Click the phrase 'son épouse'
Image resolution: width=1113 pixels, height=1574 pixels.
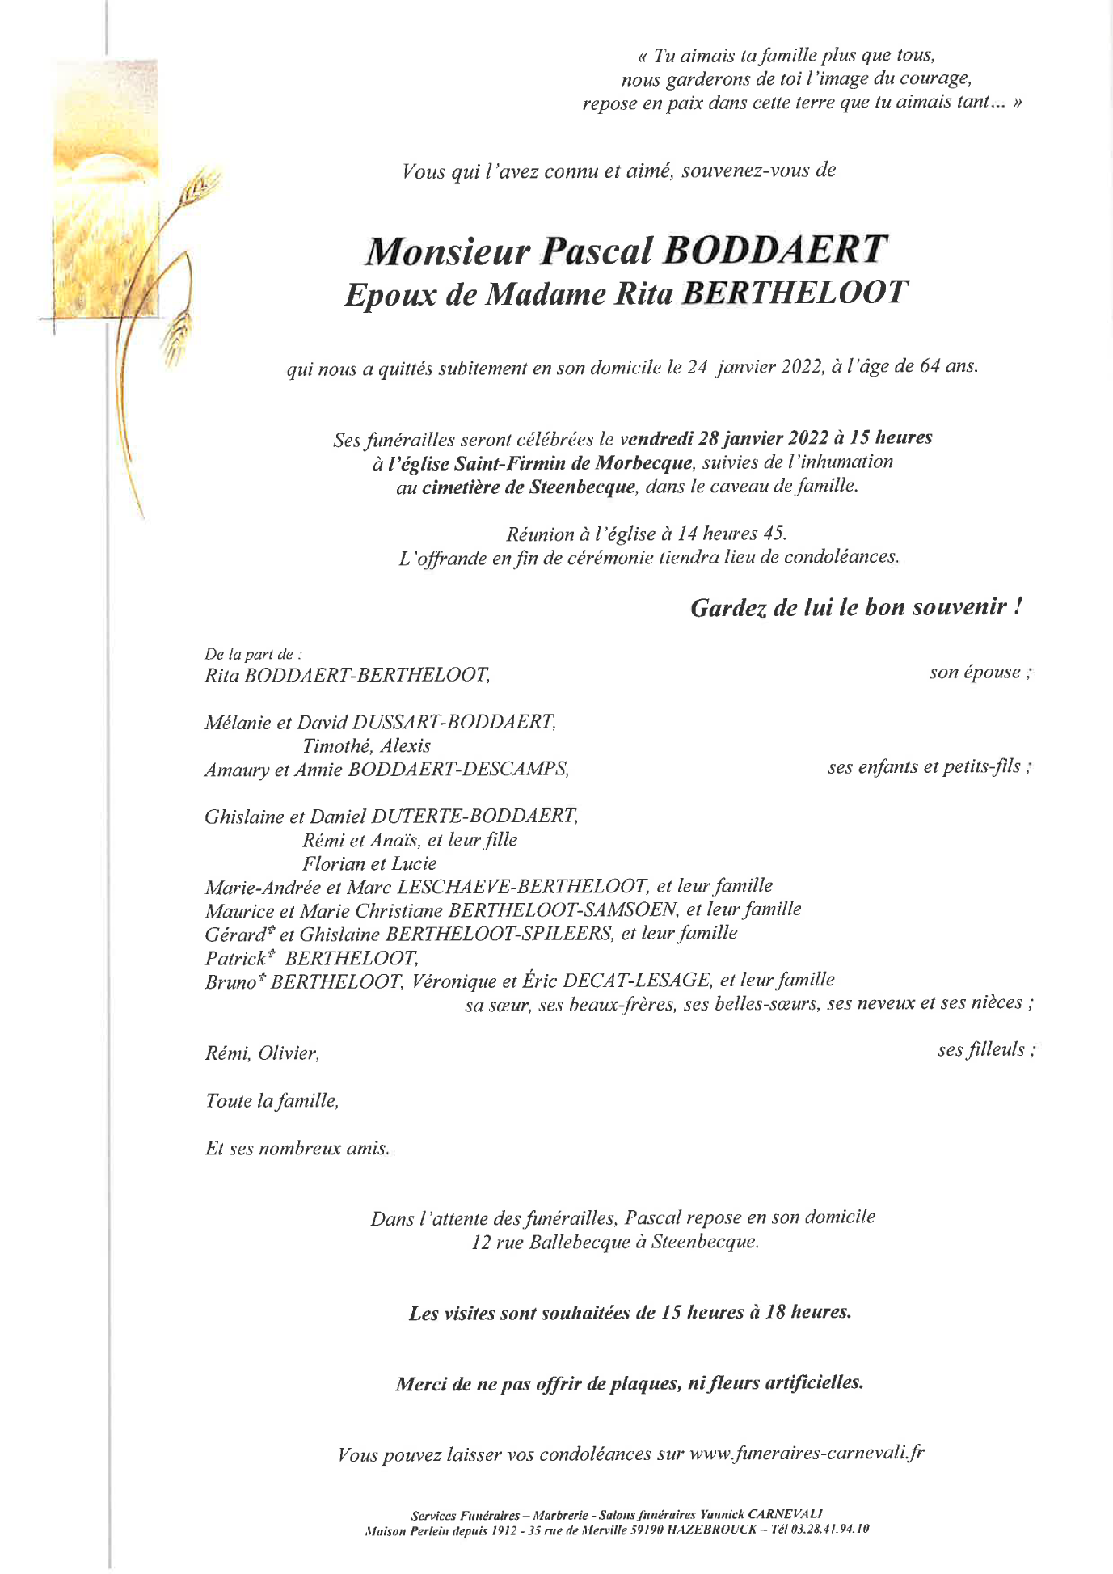pyautogui.click(x=976, y=673)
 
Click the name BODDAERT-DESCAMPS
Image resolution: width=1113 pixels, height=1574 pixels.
pyautogui.click(x=458, y=770)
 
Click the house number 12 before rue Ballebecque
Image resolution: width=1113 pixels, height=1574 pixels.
pyautogui.click(x=482, y=1242)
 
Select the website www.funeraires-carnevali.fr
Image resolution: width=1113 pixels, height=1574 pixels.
pyautogui.click(x=807, y=1454)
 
